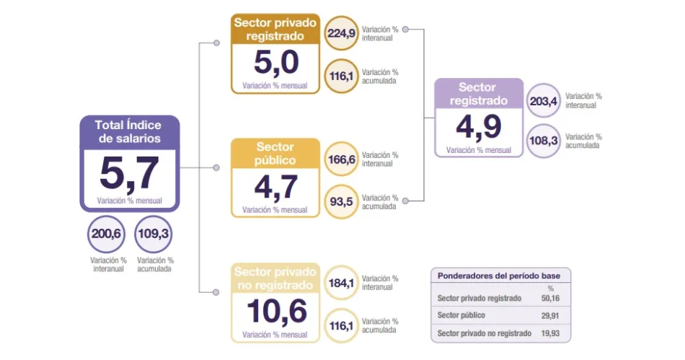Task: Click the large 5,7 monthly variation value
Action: point(129,174)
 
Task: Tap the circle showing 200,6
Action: point(106,234)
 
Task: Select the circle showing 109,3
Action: point(154,234)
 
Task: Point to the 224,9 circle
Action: point(342,33)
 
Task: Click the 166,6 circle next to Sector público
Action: point(342,159)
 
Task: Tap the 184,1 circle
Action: point(342,282)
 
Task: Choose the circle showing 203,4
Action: point(544,101)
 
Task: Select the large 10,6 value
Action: point(276,312)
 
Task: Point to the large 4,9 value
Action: point(479,127)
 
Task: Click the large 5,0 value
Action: point(276,63)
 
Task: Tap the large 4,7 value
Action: point(276,188)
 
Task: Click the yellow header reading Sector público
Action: point(275,153)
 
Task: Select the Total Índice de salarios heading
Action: point(129,131)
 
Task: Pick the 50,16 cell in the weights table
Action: point(550,298)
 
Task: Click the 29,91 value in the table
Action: point(550,315)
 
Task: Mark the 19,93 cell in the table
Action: point(550,333)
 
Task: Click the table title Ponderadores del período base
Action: point(501,276)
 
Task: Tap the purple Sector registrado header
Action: point(479,94)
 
